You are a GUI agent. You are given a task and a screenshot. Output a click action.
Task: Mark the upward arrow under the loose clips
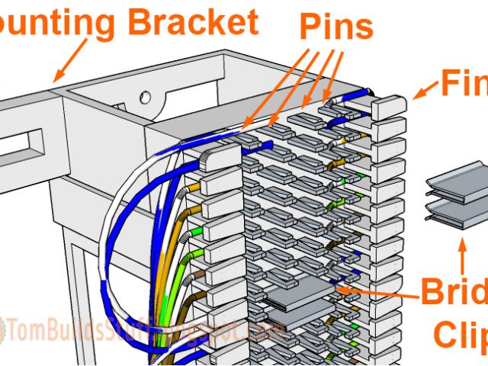click(x=461, y=255)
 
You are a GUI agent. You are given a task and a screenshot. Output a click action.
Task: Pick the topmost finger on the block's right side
click(x=387, y=108)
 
